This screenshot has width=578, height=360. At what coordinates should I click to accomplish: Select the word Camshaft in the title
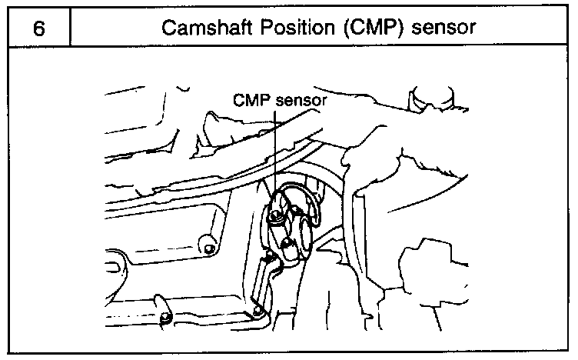click(x=200, y=28)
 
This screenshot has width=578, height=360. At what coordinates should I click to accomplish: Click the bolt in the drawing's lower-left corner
click(x=164, y=318)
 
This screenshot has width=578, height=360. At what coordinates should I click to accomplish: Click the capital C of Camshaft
click(x=168, y=28)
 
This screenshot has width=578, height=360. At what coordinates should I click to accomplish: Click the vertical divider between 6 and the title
click(x=70, y=28)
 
